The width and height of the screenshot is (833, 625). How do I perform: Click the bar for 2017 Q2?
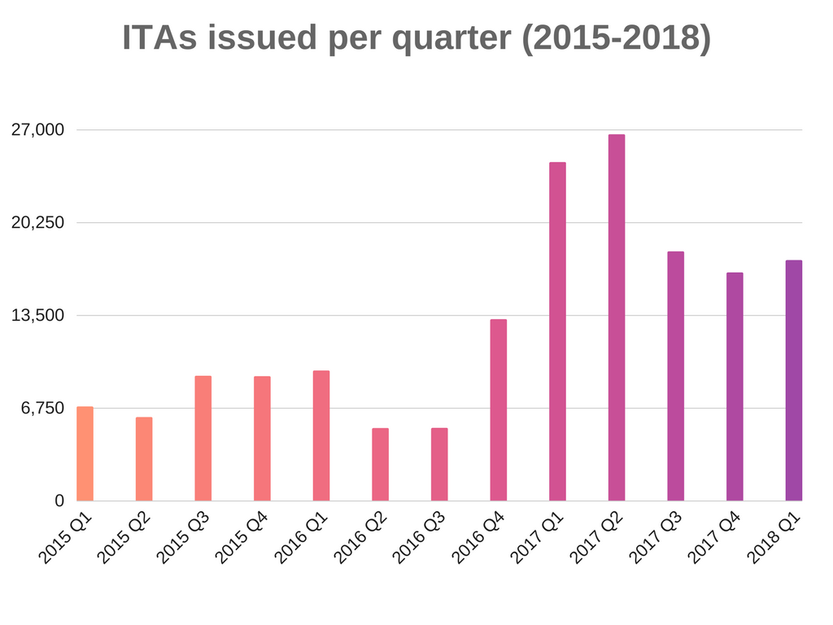(617, 317)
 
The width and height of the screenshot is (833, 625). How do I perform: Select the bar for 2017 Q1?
(557, 331)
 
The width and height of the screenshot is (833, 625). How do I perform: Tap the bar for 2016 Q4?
(499, 409)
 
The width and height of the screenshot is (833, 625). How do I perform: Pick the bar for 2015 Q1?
(85, 453)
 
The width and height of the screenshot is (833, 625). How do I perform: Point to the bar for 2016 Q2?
(380, 464)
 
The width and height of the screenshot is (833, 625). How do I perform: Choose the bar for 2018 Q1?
(793, 380)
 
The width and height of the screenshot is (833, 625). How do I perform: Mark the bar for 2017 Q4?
(735, 387)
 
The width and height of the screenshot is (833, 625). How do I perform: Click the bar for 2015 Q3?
(203, 438)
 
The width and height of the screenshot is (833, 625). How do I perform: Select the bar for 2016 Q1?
(321, 435)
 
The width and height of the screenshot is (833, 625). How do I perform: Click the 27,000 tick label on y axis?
(37, 130)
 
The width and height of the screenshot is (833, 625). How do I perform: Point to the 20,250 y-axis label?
(37, 223)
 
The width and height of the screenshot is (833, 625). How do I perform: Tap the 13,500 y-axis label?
(37, 316)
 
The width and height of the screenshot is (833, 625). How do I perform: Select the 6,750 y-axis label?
(41, 409)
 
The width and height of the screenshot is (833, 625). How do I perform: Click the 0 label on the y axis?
(59, 501)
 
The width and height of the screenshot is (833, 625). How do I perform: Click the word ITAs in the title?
(159, 38)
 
